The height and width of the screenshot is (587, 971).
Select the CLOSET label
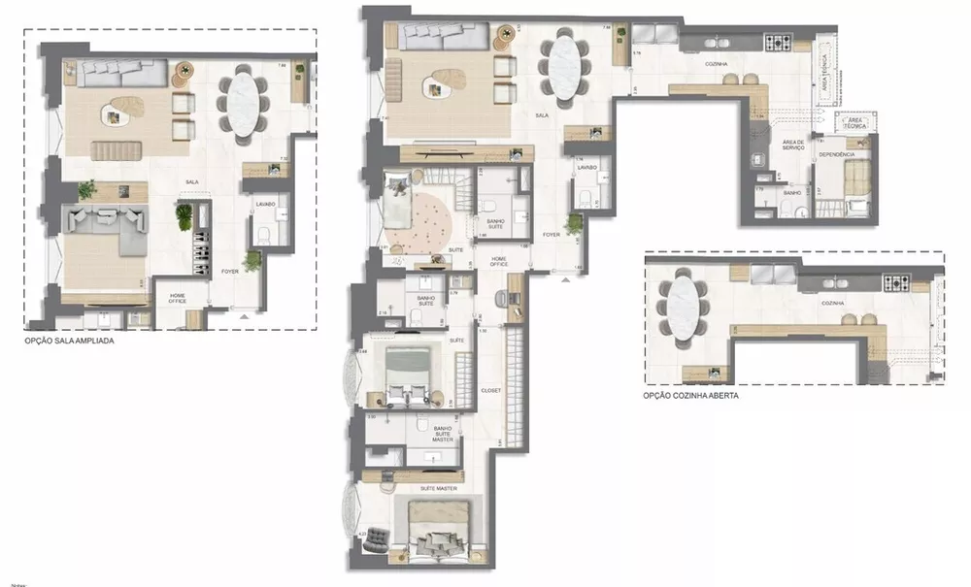(x=490, y=390)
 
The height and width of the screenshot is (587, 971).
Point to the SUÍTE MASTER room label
(x=433, y=488)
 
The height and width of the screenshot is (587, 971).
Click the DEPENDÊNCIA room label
(x=836, y=154)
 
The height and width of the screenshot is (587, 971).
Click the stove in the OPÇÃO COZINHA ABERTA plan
(x=895, y=283)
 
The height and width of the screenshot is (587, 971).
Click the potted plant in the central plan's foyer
(x=575, y=223)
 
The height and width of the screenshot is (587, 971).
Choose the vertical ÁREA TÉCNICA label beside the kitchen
(x=824, y=74)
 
